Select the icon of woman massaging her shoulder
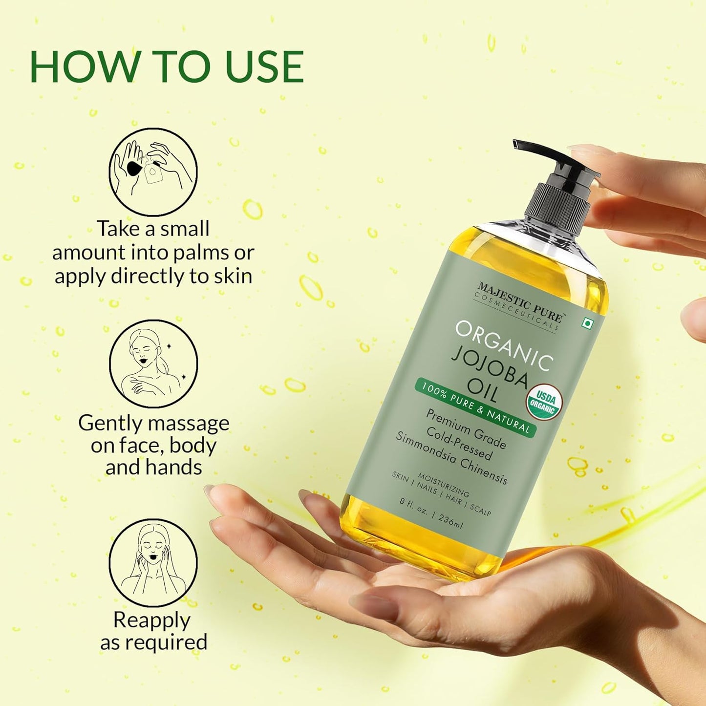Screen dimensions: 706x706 pos(153,364)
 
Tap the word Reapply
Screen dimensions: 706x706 pos(151,620)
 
